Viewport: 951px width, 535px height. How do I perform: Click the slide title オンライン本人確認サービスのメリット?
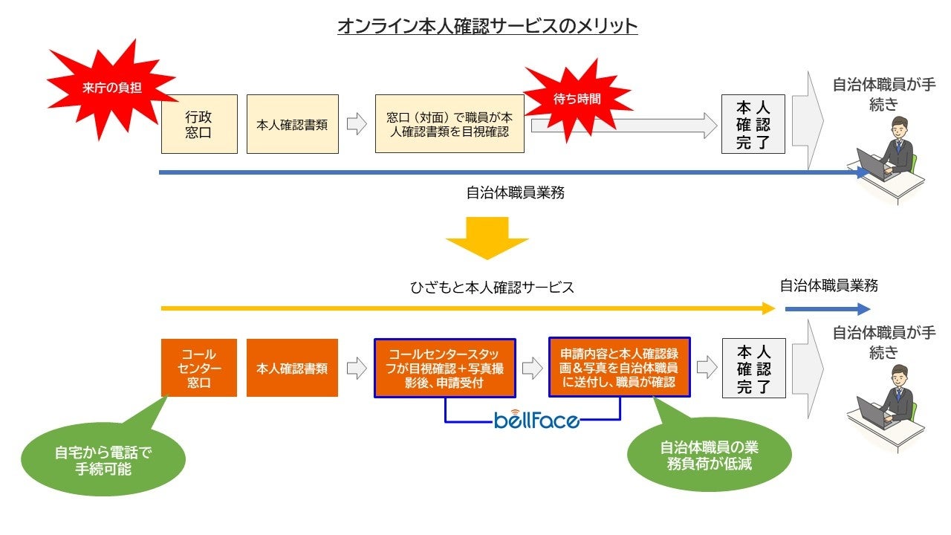(487, 26)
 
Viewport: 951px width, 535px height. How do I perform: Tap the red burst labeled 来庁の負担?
(111, 88)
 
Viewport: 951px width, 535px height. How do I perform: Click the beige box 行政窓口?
(199, 124)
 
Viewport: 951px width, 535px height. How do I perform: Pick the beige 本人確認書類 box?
(292, 124)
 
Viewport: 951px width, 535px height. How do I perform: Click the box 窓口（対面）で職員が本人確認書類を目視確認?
(449, 124)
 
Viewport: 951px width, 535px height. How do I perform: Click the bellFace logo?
(536, 421)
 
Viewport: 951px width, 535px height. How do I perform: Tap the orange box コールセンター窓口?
(199, 368)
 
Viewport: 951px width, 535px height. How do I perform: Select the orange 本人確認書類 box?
(292, 368)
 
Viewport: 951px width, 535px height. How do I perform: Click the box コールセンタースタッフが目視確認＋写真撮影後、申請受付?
(445, 368)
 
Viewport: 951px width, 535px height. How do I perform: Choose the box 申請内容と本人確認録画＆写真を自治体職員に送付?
(620, 368)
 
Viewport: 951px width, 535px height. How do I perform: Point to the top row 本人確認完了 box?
(753, 124)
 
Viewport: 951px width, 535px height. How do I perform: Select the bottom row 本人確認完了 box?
(753, 368)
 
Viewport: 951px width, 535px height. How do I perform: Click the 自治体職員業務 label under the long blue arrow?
(516, 192)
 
